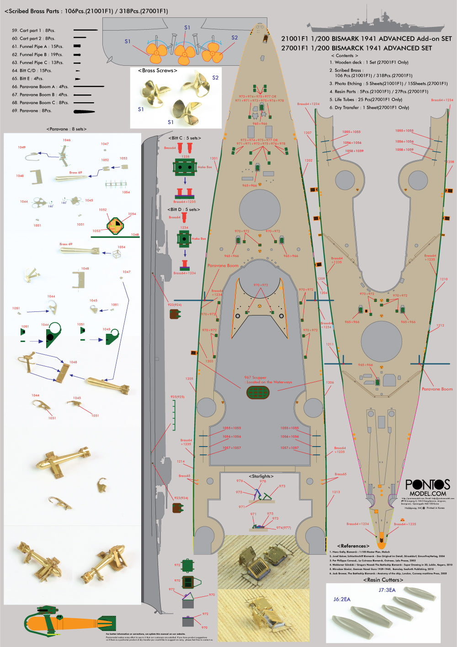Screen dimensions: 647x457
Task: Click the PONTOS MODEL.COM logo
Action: [427, 487]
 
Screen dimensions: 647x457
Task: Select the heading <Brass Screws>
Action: [157, 70]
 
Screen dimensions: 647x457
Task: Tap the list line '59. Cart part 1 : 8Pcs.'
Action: [33, 31]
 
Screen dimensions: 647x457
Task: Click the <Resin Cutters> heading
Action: [383, 580]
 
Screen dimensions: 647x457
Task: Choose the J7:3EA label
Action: [387, 590]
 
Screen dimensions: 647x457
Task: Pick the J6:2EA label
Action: [341, 599]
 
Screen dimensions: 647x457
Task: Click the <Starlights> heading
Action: [261, 476]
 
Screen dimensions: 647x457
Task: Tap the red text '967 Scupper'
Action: [255, 378]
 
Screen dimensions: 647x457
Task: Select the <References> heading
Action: [353, 546]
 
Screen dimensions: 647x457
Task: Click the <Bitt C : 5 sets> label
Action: [185, 138]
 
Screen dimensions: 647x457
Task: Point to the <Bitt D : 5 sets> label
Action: [183, 210]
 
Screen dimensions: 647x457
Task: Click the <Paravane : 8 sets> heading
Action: [66, 129]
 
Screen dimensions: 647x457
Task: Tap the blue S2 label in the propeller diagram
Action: [234, 38]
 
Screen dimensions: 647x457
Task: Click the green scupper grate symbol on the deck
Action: [258, 392]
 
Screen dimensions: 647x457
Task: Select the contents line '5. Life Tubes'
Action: [366, 100]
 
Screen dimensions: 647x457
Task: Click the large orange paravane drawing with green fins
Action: [69, 621]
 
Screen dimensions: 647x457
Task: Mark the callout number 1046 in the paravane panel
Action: [67, 140]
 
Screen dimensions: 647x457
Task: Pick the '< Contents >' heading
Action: [344, 56]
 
